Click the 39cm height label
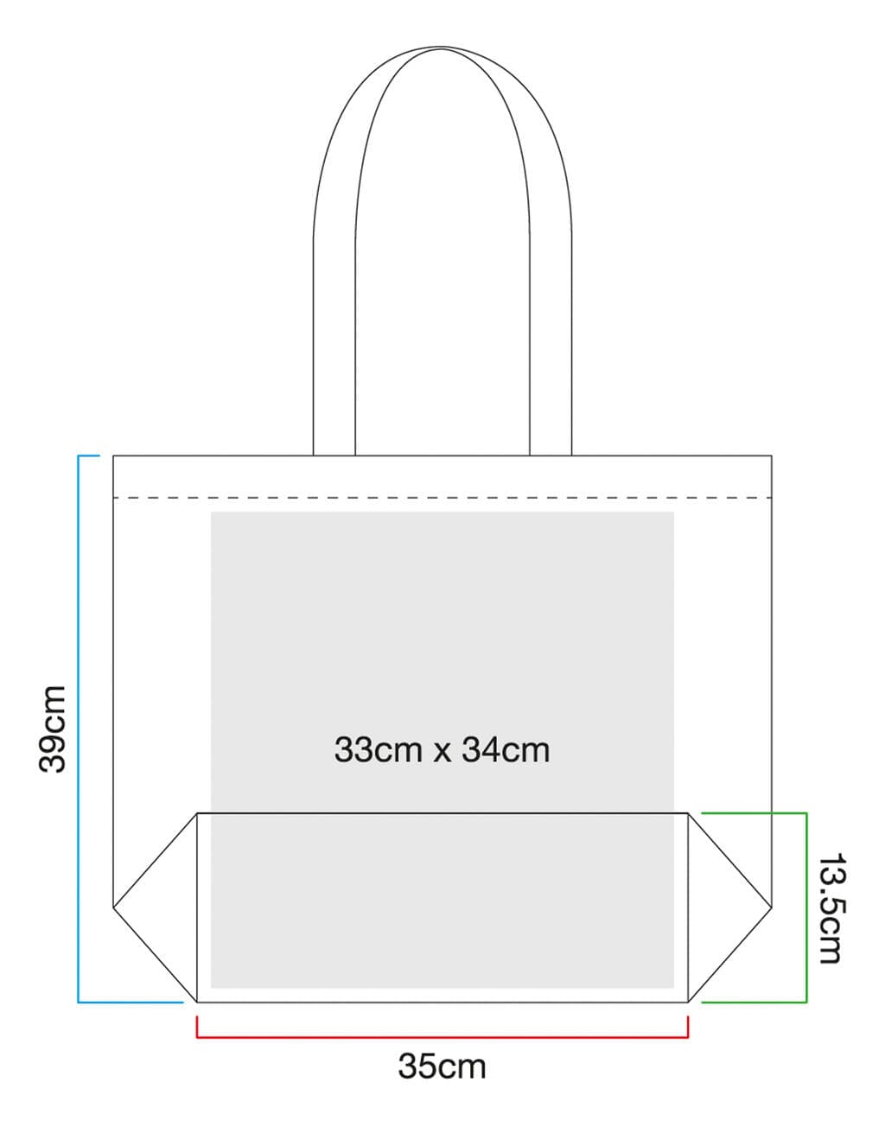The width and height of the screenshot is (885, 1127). [53, 729]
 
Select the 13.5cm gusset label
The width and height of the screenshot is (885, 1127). [831, 908]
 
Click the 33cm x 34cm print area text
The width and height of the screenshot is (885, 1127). [442, 750]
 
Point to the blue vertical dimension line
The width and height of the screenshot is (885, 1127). [79, 729]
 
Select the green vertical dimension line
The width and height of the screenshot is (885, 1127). [806, 907]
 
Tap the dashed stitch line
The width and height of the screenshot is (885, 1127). [442, 498]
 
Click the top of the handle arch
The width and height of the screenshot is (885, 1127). [442, 48]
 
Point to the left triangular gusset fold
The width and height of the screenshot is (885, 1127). [155, 907]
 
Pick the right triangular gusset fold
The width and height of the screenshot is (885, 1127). [730, 907]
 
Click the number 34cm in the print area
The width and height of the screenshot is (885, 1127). [506, 750]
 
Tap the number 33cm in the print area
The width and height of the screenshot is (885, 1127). [378, 750]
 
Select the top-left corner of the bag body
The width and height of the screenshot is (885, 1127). [113, 455]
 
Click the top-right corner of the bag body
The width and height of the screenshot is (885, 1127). [772, 455]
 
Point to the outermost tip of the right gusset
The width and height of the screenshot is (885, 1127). [772, 907]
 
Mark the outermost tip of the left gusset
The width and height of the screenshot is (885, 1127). [113, 907]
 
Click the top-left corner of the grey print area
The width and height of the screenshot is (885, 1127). [211, 512]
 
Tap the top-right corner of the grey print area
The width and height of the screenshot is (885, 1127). [674, 512]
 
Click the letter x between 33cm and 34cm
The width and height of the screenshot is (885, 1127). [442, 753]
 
